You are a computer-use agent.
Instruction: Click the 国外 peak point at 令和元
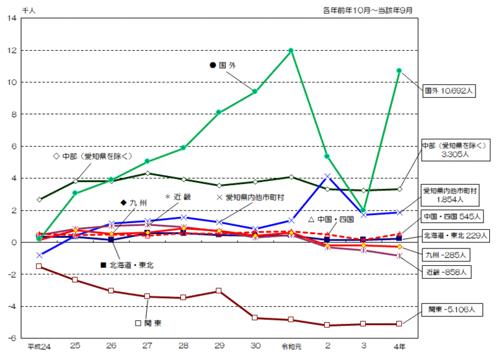[x=291, y=50]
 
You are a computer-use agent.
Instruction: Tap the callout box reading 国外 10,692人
[x=448, y=90]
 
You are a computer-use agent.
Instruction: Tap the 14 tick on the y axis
[x=13, y=18]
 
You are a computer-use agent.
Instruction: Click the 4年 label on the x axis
[x=399, y=346]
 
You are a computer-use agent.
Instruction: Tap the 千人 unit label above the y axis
[x=29, y=8]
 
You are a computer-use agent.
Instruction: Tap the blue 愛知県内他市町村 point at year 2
[x=327, y=177]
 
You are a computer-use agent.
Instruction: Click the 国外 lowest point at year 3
[x=363, y=211]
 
